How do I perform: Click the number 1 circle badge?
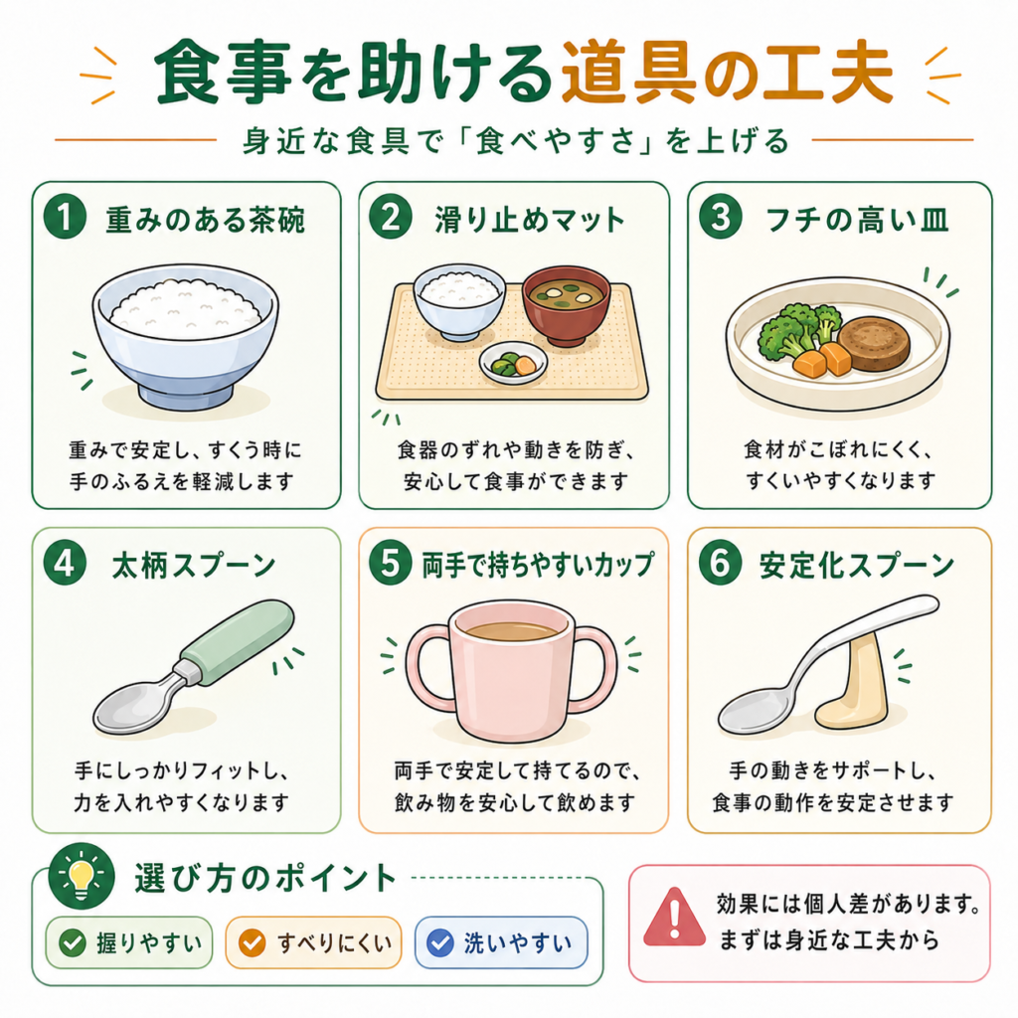pos(65,217)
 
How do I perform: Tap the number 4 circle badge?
pos(65,563)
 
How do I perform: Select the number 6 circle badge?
pos(720,563)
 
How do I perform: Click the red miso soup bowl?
pos(567,304)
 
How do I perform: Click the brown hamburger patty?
pos(873,343)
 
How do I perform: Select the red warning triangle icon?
pos(674,918)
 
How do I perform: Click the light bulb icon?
pos(82,876)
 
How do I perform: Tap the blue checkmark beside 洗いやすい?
pos(439,942)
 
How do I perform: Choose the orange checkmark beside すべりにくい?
pos(252,942)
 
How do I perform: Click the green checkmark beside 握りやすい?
pos(72,942)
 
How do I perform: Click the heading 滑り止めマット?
pos(529,220)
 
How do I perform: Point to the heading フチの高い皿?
pos(857,220)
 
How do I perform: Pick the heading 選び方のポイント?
pos(264,879)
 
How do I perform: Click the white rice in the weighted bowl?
pos(186,308)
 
